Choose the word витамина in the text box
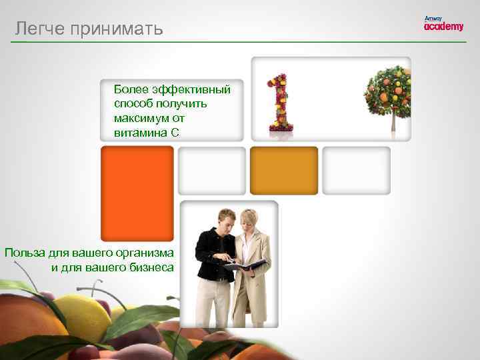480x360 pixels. click(140, 132)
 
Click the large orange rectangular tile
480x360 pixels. click(137, 193)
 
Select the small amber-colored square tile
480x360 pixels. click(284, 170)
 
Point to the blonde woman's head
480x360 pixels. click(251, 220)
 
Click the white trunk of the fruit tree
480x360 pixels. click(393, 121)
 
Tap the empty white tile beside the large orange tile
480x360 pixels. click(212, 171)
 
